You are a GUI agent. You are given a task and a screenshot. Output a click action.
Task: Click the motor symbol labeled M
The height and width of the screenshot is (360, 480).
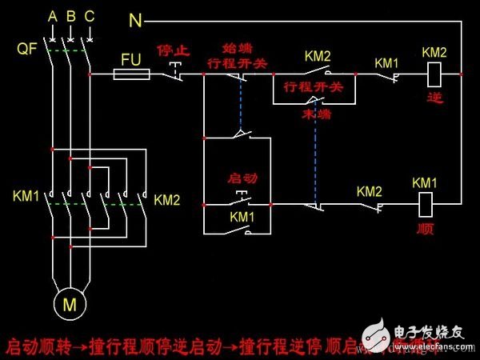pyautogui.click(x=70, y=305)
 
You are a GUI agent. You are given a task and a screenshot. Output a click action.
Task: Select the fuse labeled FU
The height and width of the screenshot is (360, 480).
pyautogui.click(x=131, y=74)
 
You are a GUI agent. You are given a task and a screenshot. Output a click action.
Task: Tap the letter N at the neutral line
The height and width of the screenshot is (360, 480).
pyautogui.click(x=135, y=18)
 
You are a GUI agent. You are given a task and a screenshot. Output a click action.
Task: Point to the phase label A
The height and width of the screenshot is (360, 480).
pyautogui.click(x=52, y=17)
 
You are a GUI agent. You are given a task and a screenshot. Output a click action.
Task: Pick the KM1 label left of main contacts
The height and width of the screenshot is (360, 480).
pyautogui.click(x=26, y=197)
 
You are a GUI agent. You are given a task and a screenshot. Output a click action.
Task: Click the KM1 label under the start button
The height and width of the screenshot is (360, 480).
pyautogui.click(x=242, y=217)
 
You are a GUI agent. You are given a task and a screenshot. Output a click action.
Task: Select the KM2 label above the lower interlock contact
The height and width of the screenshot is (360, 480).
pyautogui.click(x=370, y=191)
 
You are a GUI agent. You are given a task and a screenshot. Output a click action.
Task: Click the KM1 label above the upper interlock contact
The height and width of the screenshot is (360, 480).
pyautogui.click(x=387, y=62)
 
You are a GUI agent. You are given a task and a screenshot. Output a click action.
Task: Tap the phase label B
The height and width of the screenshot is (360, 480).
pyautogui.click(x=70, y=17)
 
